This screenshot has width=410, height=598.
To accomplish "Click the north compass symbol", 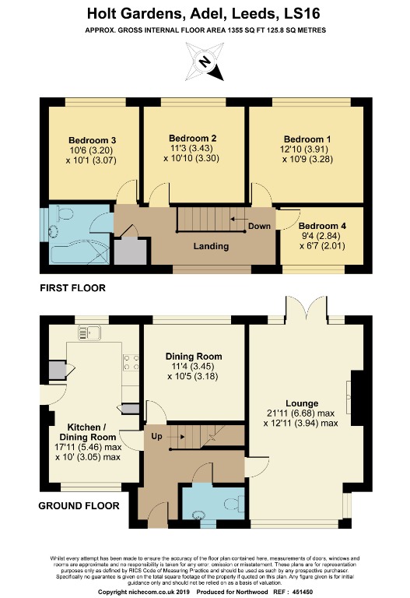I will (205, 62).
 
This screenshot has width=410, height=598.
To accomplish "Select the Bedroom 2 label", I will (192, 139).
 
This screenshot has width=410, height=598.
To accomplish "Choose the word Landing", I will (212, 247).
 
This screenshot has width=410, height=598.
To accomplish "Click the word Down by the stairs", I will (258, 227).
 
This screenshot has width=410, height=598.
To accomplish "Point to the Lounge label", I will (301, 403).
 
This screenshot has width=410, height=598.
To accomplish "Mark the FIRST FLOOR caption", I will (72, 288).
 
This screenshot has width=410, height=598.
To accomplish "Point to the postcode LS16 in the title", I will (306, 13).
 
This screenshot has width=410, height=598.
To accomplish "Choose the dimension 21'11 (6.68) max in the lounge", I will (301, 413).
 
